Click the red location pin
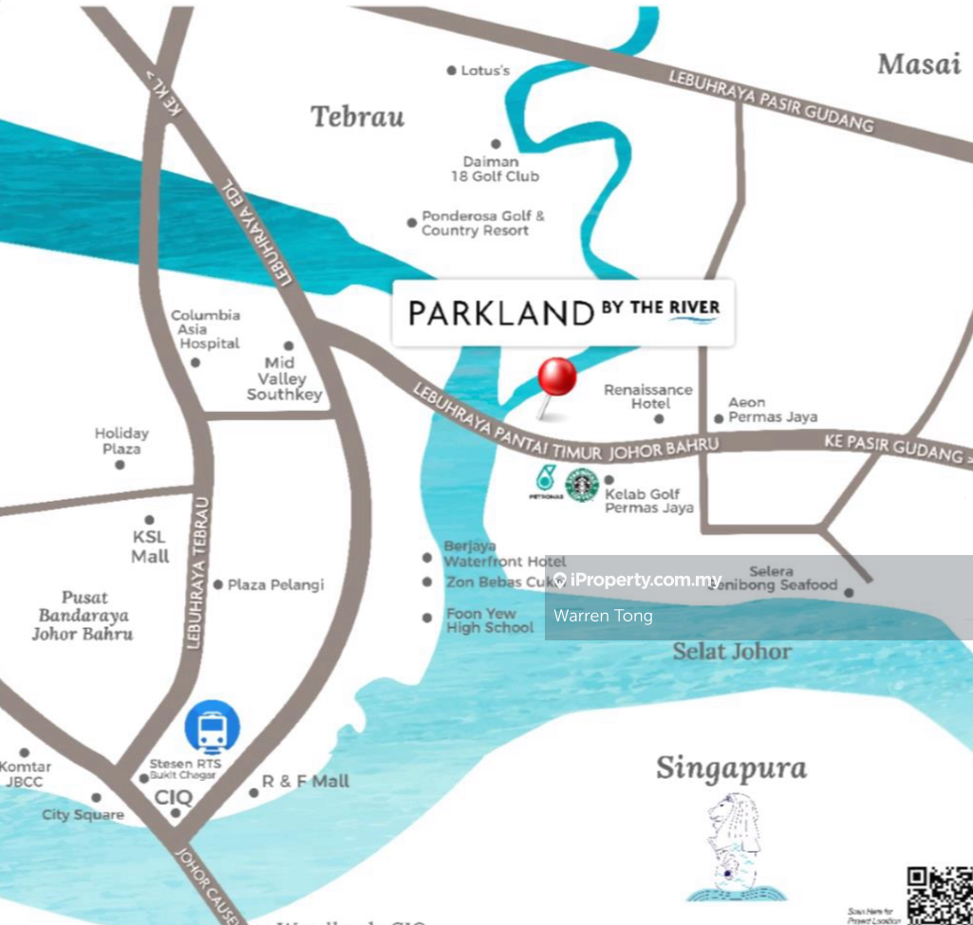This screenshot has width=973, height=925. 557,379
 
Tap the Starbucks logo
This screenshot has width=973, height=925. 581,485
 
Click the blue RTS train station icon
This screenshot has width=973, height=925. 212,728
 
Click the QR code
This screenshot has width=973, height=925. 939,894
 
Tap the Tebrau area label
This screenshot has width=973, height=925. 358,117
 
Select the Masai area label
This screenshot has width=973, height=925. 919,65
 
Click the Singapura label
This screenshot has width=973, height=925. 731,768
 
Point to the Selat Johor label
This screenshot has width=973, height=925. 732,651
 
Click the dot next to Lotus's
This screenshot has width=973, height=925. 452,70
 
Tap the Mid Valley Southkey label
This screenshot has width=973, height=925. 284,378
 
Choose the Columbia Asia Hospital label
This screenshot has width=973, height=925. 205,329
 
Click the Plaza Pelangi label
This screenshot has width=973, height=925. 275,584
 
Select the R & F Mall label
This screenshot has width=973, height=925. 306,782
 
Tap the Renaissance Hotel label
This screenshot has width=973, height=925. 648,397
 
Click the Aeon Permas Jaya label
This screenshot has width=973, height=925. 772,410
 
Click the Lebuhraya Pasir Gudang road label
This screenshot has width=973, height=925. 771,100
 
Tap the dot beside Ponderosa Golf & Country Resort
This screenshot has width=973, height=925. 412,223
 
